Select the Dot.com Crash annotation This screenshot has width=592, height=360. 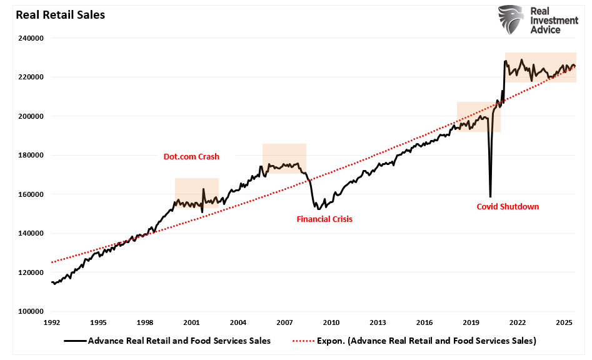[x=191, y=157]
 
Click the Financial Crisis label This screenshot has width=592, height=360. [x=324, y=219]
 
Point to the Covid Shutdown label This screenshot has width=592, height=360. [x=508, y=206]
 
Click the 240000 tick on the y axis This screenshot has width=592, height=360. [x=30, y=38]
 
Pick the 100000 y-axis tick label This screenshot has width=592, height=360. [x=30, y=312]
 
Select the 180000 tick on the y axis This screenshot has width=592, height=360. [x=30, y=156]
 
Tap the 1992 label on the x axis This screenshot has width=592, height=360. [x=51, y=322]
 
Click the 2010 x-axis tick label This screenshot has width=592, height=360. [x=331, y=322]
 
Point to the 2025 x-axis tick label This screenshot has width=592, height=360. [x=564, y=322]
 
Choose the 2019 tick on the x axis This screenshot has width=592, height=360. [x=471, y=322]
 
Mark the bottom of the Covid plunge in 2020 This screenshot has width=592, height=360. [x=490, y=197]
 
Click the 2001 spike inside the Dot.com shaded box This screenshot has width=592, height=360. [x=203, y=189]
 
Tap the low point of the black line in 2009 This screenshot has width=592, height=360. [x=318, y=209]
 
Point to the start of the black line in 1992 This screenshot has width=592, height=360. [x=52, y=282]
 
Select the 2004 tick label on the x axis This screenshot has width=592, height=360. [x=238, y=322]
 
